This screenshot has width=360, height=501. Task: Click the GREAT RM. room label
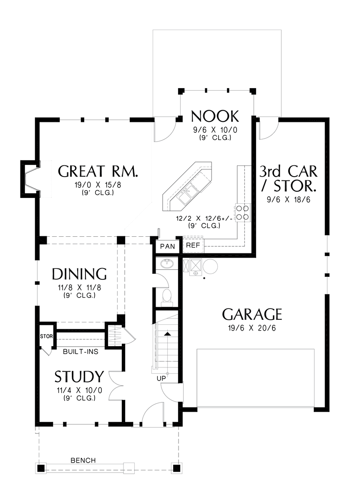tap(98, 172)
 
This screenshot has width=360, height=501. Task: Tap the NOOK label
tap(215, 116)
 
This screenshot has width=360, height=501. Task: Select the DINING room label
tap(79, 274)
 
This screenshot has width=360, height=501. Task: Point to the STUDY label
tap(79, 377)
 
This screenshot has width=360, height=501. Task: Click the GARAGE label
tap(252, 314)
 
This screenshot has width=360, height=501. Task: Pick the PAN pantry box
tap(168, 246)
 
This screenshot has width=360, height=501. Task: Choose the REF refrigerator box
tap(193, 245)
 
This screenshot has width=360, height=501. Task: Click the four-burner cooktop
tap(243, 212)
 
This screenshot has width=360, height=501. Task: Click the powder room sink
tap(168, 264)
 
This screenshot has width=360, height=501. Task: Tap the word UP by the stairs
tap(161, 378)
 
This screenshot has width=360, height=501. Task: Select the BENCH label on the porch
tap(83, 461)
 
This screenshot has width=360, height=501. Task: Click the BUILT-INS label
tap(81, 352)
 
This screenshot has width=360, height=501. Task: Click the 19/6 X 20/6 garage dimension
tap(252, 328)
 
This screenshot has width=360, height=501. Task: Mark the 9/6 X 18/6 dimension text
tap(288, 200)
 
